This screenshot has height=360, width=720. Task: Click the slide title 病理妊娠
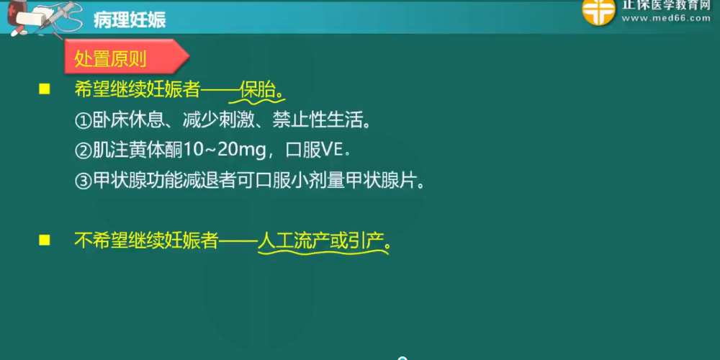pos(130,19)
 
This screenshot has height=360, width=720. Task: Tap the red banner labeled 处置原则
pos(126,56)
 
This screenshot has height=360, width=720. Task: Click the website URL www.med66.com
pos(666,18)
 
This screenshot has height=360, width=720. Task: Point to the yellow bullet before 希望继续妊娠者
pos(44,89)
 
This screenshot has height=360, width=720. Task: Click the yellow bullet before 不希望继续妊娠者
pos(44,240)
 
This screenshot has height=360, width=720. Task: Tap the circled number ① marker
pos(83,121)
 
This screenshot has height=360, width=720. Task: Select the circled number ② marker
pos(83,151)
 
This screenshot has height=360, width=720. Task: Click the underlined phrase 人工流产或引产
pos(320,241)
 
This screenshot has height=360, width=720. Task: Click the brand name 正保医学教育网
pos(666,5)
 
